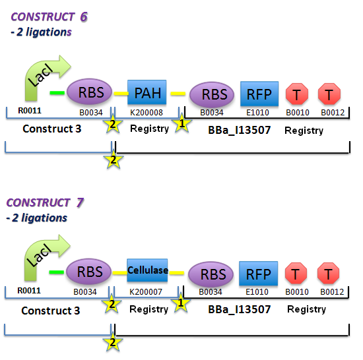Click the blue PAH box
(x=147, y=92)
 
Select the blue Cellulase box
(x=148, y=270)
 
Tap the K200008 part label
(x=147, y=113)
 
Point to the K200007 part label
(x=147, y=291)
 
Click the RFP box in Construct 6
(x=259, y=94)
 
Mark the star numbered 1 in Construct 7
(x=180, y=303)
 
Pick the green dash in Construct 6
(x=57, y=93)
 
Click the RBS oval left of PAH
(x=91, y=93)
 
